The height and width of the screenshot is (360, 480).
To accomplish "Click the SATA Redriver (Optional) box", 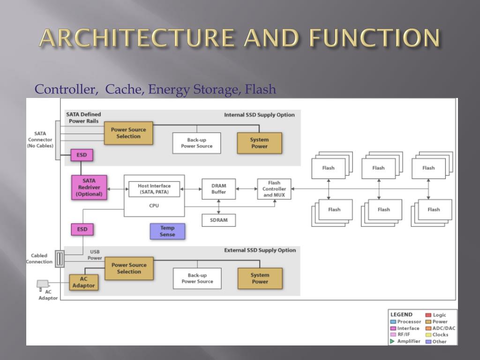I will coord(89,187).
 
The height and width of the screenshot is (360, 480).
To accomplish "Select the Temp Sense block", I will coord(167,231).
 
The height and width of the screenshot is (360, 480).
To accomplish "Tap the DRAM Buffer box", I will coord(218,188).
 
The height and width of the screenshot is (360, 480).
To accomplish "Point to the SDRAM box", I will coord(218,220).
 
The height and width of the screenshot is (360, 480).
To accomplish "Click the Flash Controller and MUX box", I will coord(274,189).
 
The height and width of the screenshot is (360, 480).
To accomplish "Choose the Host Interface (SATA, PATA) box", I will coord(154,189).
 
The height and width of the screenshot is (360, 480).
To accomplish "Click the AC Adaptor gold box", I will coord(83,282).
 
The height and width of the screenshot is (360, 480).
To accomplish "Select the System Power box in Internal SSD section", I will coord(259,143).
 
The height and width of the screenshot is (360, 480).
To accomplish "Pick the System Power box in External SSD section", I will coord(260,278).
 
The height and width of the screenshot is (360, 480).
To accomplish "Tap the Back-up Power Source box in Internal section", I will coord(197,143).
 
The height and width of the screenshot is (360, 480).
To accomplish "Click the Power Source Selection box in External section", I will coord(129,268).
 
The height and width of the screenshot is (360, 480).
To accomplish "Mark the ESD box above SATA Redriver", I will coord(82,155).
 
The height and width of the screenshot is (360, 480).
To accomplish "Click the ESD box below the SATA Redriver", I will coord(82,229).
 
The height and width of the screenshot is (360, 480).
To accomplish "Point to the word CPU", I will coord(154,205).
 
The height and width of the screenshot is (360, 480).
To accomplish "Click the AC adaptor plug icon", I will coord(42,284).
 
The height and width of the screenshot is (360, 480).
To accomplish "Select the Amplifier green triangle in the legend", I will coord(392,341).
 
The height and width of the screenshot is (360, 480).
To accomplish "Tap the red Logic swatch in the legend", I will coord(428,315).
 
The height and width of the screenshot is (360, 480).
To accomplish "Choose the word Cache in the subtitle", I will coord(125,89).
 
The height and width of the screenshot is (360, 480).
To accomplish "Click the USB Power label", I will coord(95,255).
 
